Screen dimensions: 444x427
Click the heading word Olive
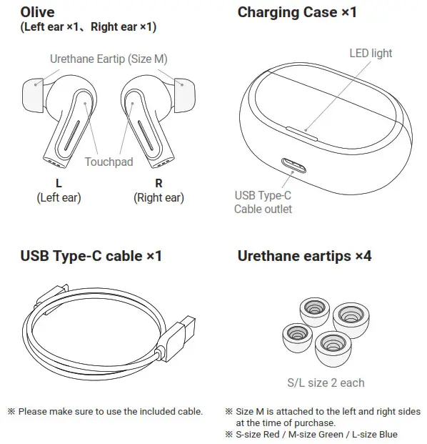38,11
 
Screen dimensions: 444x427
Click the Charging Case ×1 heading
296,11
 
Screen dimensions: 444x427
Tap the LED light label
370,53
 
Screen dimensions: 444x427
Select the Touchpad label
109,162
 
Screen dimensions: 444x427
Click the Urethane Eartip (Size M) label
108,59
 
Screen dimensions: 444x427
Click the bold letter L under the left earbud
59,183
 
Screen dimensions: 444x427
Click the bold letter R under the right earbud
159,183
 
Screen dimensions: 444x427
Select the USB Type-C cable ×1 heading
91,255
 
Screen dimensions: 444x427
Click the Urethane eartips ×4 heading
304,255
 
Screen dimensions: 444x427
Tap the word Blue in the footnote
388,434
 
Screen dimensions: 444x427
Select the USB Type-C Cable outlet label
263,202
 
